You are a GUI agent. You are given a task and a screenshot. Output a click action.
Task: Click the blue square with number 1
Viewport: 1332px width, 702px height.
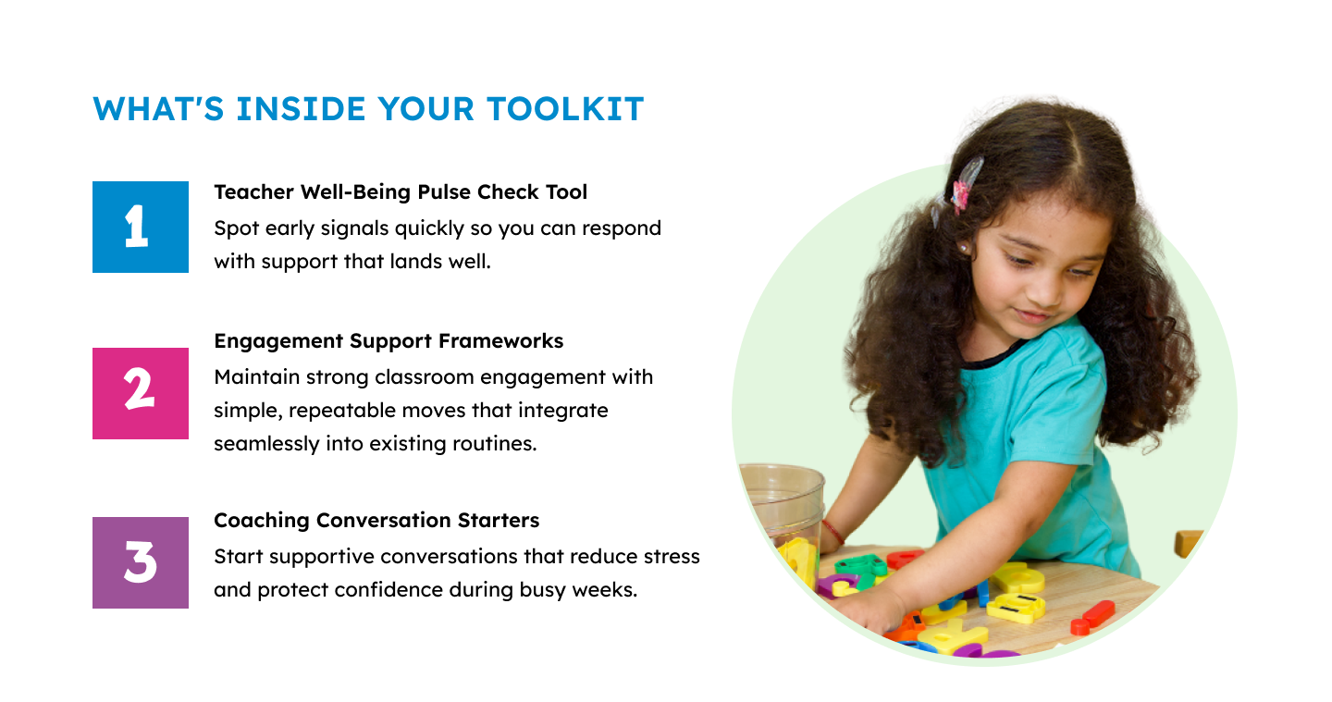(141, 228)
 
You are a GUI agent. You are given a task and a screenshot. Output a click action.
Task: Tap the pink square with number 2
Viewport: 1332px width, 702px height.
(141, 393)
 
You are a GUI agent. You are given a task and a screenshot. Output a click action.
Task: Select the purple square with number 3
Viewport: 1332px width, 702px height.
(141, 562)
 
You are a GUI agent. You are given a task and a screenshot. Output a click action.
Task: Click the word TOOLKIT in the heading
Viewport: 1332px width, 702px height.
(565, 109)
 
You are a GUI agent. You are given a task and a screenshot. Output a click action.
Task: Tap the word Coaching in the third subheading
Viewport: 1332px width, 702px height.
(262, 521)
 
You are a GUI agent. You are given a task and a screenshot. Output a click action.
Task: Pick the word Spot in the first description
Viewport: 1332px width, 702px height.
(236, 228)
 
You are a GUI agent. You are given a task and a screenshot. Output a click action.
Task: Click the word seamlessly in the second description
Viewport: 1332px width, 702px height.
(266, 444)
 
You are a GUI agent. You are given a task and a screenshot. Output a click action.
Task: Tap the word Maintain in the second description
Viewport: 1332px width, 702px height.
(257, 377)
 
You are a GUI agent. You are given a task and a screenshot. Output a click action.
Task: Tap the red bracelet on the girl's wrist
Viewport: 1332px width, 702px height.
(832, 532)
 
